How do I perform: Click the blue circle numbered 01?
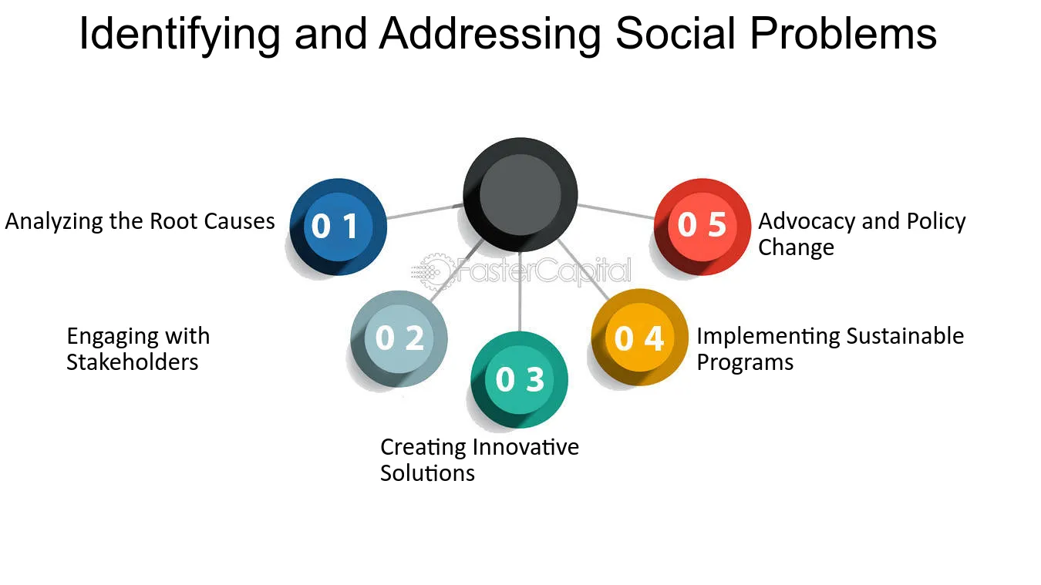point(339,227)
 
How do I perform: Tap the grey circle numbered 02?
point(399,338)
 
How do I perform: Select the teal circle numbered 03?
point(519,380)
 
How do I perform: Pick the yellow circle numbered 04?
point(639,338)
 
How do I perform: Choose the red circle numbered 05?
point(702,227)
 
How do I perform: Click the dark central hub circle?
point(520,195)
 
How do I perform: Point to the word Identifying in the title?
point(180,35)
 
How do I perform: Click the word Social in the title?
point(676,33)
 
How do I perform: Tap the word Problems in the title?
point(843,33)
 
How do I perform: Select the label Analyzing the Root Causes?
point(140,222)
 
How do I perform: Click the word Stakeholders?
point(133,362)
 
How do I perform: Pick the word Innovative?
point(526,447)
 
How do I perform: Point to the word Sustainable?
point(905,336)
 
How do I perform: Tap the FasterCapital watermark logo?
point(521,271)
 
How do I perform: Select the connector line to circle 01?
point(425,211)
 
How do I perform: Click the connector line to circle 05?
point(616,211)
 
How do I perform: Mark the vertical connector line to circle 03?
point(520,292)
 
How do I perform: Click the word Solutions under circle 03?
point(427,473)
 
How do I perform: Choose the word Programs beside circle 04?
point(745,363)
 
